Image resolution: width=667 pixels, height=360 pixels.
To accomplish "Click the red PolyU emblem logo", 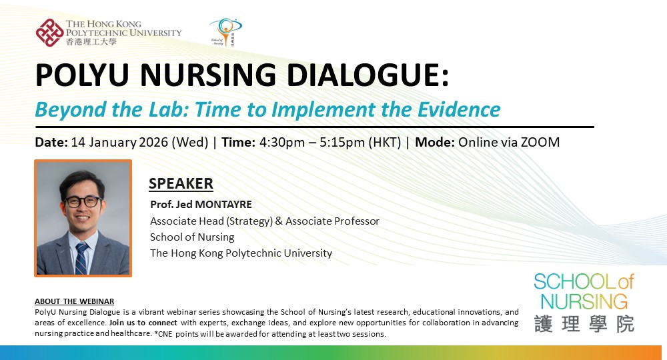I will coord(49,32).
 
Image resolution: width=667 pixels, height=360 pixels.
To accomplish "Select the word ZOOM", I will coord(540,142).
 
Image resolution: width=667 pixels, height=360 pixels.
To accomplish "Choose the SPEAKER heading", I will coord(181,183).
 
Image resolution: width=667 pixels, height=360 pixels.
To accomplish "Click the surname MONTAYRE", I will coord(223,204).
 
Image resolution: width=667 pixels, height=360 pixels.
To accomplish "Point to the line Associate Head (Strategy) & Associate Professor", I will coord(264,221).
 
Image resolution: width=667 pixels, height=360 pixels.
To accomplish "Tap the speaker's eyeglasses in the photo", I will coord(83,201).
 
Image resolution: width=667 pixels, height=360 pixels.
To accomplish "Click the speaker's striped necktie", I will coord(81,258).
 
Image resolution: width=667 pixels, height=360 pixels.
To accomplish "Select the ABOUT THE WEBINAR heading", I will coord(74,301).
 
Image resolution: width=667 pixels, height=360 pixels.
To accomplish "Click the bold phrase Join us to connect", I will coord(139,323).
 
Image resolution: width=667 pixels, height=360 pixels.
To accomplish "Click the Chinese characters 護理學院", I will coord(584,323).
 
